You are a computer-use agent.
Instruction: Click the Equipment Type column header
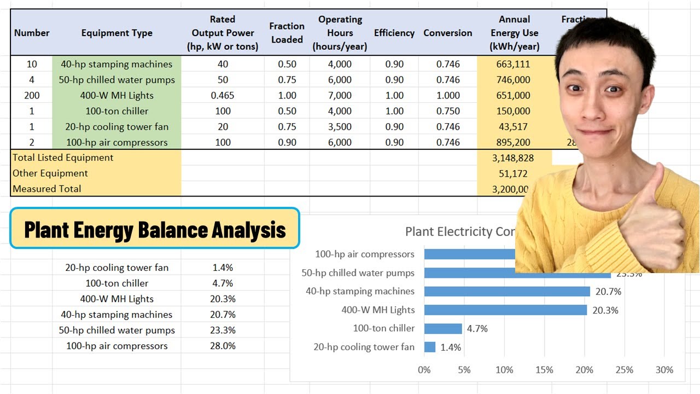116,33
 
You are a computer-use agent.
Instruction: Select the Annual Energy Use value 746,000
513,80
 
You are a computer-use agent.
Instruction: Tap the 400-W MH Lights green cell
116,95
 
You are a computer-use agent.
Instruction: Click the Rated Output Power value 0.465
222,95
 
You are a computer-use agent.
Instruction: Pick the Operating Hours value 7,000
340,95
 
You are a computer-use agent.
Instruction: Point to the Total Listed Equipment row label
63,158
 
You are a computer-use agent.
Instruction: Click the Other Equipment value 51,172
513,173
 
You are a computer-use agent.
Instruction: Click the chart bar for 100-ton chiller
443,328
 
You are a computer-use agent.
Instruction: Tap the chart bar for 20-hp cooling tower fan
430,347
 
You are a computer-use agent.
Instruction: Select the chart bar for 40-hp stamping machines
506,291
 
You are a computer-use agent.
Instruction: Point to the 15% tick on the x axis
544,370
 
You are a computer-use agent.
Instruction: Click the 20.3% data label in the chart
605,310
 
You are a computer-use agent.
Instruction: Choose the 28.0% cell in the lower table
223,346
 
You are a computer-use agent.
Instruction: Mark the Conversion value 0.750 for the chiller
448,111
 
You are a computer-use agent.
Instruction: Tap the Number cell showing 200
32,95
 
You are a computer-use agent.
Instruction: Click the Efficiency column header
394,33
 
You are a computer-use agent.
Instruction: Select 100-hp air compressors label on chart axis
365,254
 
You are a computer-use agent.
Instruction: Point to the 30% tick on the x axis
664,370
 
